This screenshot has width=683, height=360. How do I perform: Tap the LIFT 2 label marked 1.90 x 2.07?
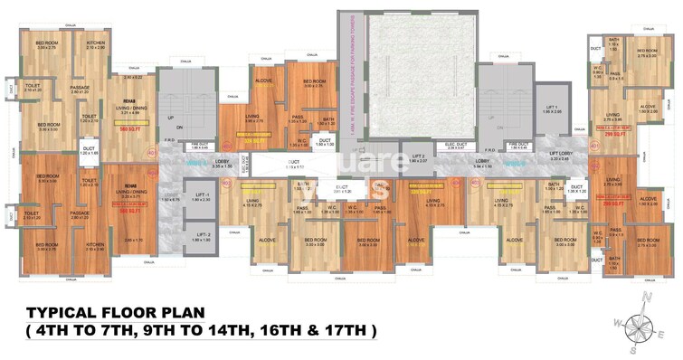[x=419, y=156]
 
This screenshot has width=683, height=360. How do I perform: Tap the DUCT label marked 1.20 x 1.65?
[x=89, y=151]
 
